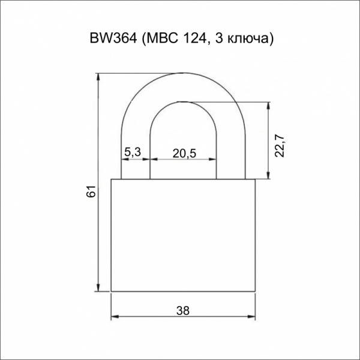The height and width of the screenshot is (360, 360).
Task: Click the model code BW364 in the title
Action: (x=113, y=38)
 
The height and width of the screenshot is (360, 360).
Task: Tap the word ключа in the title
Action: (x=248, y=40)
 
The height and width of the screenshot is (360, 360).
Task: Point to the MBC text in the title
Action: (x=163, y=38)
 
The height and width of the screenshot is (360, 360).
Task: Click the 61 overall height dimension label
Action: (x=91, y=191)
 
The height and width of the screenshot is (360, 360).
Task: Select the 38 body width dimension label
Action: (x=183, y=311)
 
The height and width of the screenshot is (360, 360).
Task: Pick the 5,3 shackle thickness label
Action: (x=133, y=152)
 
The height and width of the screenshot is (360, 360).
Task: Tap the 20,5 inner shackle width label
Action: (x=184, y=154)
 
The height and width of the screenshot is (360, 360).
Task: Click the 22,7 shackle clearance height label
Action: (x=280, y=147)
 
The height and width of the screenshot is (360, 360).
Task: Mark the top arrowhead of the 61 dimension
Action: (x=98, y=77)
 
